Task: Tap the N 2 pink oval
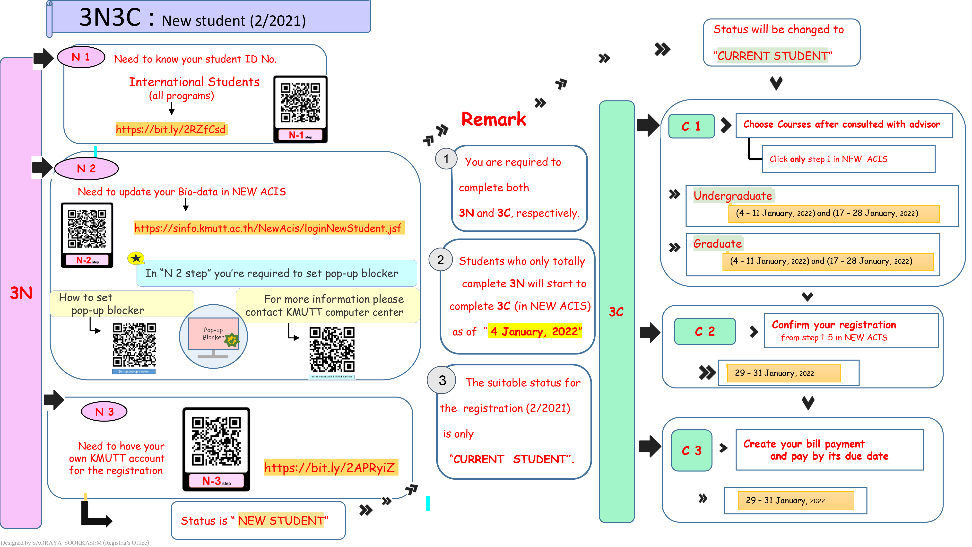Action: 87,168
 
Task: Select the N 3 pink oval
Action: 104,412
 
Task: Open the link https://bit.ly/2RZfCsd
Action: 171,130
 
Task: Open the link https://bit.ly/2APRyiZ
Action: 330,468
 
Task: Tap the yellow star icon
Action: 136,258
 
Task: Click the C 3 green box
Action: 691,450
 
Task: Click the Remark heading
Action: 494,120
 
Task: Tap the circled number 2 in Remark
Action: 440,260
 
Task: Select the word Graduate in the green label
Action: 717,244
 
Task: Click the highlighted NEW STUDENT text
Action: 281,521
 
